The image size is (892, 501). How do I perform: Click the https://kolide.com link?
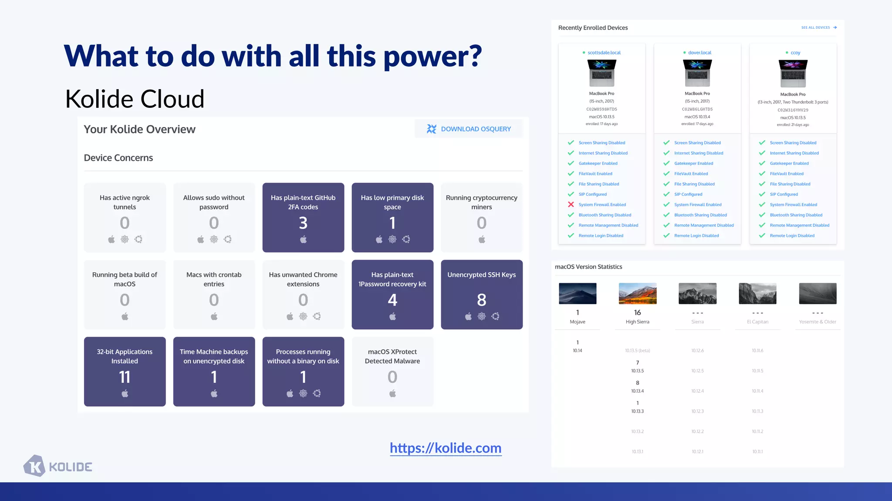click(446, 448)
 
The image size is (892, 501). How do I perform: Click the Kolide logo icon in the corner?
click(34, 466)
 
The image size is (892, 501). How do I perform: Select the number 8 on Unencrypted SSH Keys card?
click(481, 300)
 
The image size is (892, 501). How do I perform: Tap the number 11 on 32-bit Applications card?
click(125, 377)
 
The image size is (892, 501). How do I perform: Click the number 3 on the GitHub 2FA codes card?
click(303, 223)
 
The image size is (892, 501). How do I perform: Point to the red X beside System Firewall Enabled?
click(571, 204)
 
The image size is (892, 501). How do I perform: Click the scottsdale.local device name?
click(604, 53)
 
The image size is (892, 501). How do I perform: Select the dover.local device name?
click(699, 53)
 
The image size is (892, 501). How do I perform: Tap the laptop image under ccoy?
click(793, 73)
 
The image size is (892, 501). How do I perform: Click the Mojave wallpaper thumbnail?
click(578, 294)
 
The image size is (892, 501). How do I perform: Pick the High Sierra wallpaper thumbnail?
click(637, 294)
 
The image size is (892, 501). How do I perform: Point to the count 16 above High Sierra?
click(637, 312)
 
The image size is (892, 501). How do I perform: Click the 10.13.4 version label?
click(637, 391)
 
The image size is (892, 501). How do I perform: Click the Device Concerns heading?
click(118, 158)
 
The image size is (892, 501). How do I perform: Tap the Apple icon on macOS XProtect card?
click(392, 394)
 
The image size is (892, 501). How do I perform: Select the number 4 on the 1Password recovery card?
click(392, 300)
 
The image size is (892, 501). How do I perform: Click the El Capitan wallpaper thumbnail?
click(757, 294)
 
